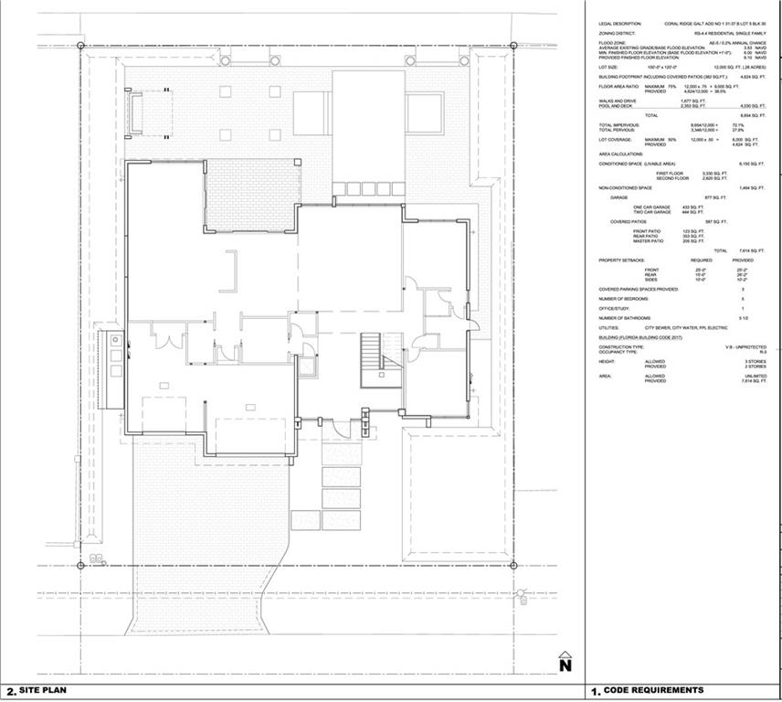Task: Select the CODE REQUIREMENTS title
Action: pos(653,691)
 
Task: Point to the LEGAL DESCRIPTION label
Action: pos(620,23)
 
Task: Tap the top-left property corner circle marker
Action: pos(81,45)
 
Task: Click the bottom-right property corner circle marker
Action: pos(513,566)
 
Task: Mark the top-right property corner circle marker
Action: pos(513,45)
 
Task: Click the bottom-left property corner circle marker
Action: pos(81,566)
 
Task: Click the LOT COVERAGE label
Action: pos(616,140)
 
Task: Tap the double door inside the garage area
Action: pos(165,340)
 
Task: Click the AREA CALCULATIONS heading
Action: pos(622,154)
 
